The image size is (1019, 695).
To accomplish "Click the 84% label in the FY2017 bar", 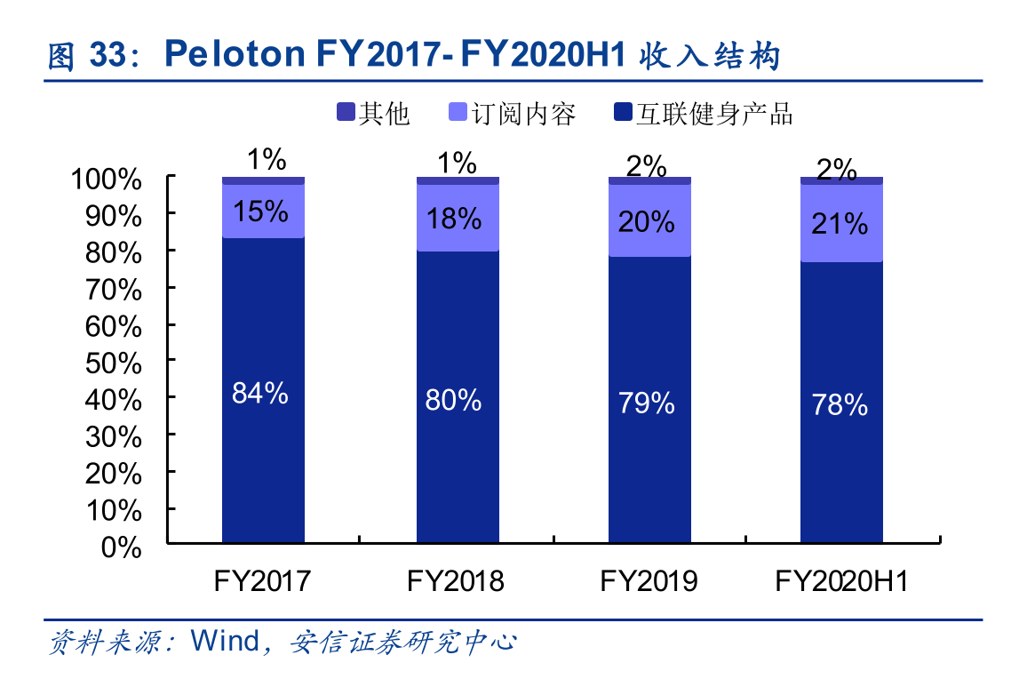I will click(260, 393).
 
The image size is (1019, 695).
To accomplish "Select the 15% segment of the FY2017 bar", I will click(263, 212).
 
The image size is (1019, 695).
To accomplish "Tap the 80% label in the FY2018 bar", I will click(453, 400).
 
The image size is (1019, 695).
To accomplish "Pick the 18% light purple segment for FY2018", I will click(457, 219).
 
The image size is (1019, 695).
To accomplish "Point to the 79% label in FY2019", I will click(647, 403).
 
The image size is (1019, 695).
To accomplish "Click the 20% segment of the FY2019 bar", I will click(649, 221).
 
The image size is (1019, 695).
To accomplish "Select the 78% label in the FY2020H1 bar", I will click(840, 405).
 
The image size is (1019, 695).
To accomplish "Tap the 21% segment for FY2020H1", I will click(841, 224).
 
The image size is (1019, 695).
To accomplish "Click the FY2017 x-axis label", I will click(262, 581).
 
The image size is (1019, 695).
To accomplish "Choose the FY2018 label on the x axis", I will click(456, 581).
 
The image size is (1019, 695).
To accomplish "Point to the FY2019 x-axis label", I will click(649, 581).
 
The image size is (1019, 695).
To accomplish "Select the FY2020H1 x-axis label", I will click(841, 581).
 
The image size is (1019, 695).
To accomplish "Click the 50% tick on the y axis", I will click(115, 363).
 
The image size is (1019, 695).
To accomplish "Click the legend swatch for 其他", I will click(346, 112).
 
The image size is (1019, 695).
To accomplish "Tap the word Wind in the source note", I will click(227, 642).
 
